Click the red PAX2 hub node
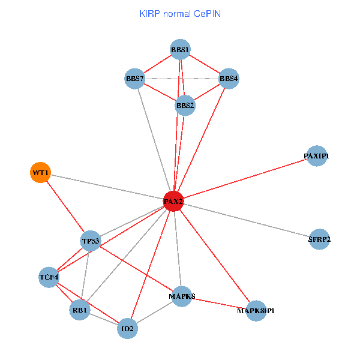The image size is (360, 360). coord(173,201)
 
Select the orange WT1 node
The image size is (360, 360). coord(40,173)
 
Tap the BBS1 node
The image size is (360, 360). coord(180,49)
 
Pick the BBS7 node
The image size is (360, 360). coord(134,79)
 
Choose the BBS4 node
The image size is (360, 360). coord(229,78)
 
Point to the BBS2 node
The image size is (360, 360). coord(185,106)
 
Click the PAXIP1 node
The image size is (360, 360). coord(316,156)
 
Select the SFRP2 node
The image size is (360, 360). coord(319,239)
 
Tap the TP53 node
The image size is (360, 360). coord(91,241)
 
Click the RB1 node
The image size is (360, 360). coord(80,310)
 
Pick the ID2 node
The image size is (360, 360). coord(127,329)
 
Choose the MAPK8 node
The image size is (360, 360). coord(182,296)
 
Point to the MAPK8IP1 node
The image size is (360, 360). coord(256,311)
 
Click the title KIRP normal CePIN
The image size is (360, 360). coord(180,13)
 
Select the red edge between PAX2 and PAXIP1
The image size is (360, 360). coord(245,178)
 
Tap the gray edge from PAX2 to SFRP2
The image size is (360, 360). coord(246,220)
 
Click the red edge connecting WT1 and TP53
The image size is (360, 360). coord(65,207)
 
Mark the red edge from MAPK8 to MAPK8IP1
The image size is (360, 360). coord(219,303)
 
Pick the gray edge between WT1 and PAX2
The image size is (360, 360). coord(107,187)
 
